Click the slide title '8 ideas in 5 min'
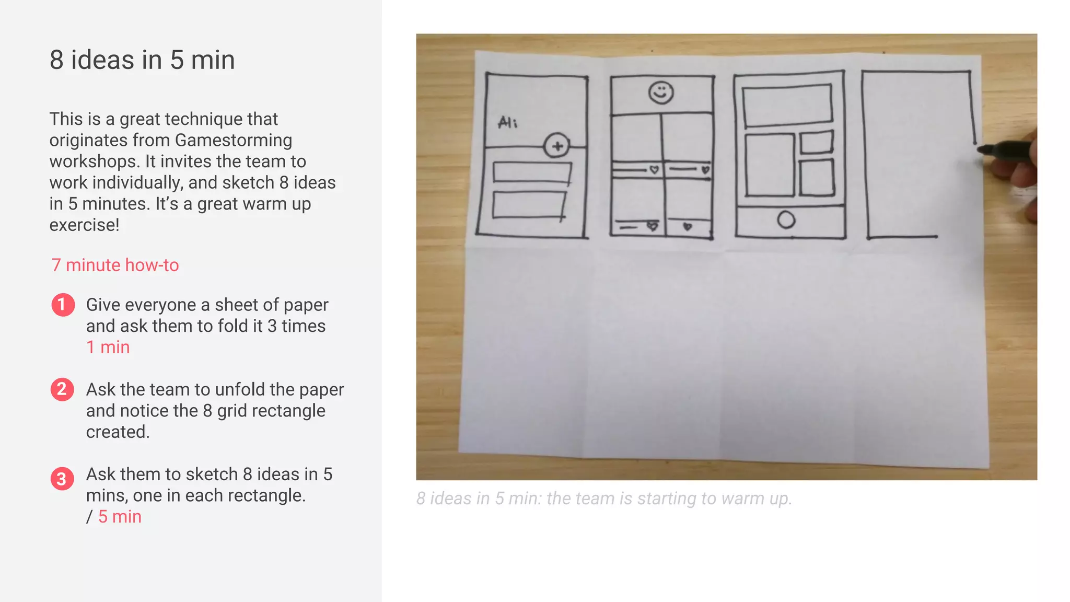[x=142, y=60]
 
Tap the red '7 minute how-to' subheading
[x=115, y=265]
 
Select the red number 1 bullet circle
[x=63, y=305]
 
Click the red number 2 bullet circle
[x=62, y=389]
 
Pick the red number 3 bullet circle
[x=62, y=478]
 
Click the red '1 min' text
[x=108, y=347]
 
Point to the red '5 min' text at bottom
[x=120, y=516]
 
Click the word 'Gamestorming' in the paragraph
[x=234, y=140]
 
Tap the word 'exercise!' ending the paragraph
[x=85, y=225]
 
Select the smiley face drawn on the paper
[x=661, y=93]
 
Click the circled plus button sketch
[x=557, y=146]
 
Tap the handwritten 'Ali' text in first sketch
[x=507, y=123]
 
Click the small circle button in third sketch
[x=786, y=220]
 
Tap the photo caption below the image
[x=604, y=499]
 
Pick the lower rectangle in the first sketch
[x=529, y=205]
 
